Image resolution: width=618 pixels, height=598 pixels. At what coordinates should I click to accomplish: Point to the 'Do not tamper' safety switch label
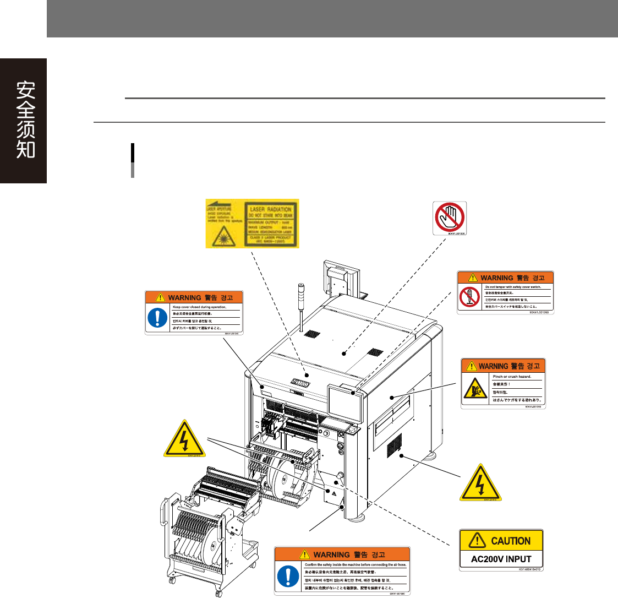click(505, 293)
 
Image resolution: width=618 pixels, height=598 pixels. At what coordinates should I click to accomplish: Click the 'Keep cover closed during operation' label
click(194, 312)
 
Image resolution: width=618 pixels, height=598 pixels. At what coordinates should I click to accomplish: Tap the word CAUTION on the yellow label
click(510, 541)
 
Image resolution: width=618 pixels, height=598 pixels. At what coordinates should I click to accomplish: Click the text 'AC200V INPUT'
click(501, 559)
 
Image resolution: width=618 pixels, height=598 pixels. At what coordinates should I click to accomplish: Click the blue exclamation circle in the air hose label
click(287, 577)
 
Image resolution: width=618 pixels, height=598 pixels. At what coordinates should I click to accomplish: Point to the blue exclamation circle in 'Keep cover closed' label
click(158, 318)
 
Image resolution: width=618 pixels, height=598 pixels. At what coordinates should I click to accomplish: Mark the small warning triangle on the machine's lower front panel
click(333, 493)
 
